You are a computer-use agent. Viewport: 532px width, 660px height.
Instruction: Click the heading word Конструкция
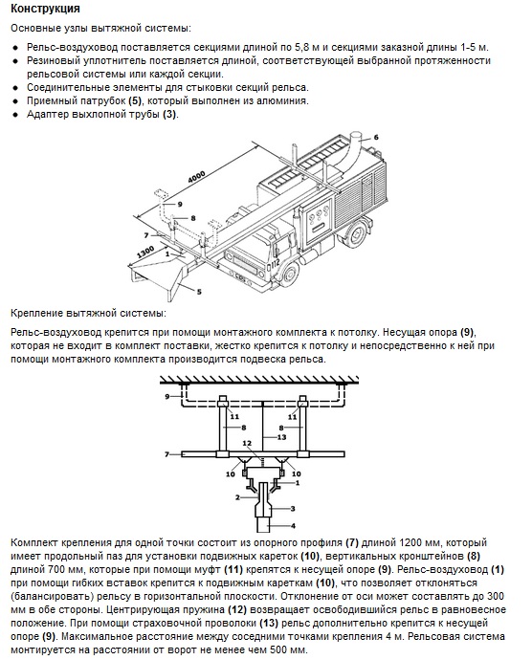[x=45, y=9]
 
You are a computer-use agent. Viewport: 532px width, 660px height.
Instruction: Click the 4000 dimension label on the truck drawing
[x=196, y=177]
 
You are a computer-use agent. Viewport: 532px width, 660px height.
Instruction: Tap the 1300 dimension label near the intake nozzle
[x=145, y=253]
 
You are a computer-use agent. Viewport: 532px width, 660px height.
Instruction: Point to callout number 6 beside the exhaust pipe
[x=376, y=137]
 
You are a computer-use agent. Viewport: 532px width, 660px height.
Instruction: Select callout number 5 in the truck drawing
[x=199, y=292]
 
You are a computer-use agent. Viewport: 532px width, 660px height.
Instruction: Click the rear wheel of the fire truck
[x=356, y=235]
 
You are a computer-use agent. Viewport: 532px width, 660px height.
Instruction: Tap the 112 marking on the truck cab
[x=275, y=264]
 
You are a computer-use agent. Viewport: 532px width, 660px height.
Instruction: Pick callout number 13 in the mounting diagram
[x=281, y=437]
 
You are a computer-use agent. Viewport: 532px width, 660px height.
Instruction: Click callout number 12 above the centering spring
[x=247, y=443]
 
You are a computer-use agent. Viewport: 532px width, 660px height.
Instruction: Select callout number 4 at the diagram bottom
[x=293, y=525]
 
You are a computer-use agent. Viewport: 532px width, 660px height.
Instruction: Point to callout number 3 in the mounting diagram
[x=293, y=509]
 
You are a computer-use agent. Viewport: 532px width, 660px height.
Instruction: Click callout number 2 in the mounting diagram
[x=237, y=497]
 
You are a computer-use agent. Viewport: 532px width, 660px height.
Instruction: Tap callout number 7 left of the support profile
[x=166, y=454]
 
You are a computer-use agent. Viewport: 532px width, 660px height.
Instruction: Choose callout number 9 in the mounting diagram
[x=167, y=396]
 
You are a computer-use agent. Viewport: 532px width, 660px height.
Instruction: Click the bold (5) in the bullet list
[x=135, y=101]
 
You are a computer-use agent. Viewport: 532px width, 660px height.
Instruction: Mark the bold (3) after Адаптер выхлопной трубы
[x=169, y=115]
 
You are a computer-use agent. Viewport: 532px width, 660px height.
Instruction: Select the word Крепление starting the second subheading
[x=37, y=314]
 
